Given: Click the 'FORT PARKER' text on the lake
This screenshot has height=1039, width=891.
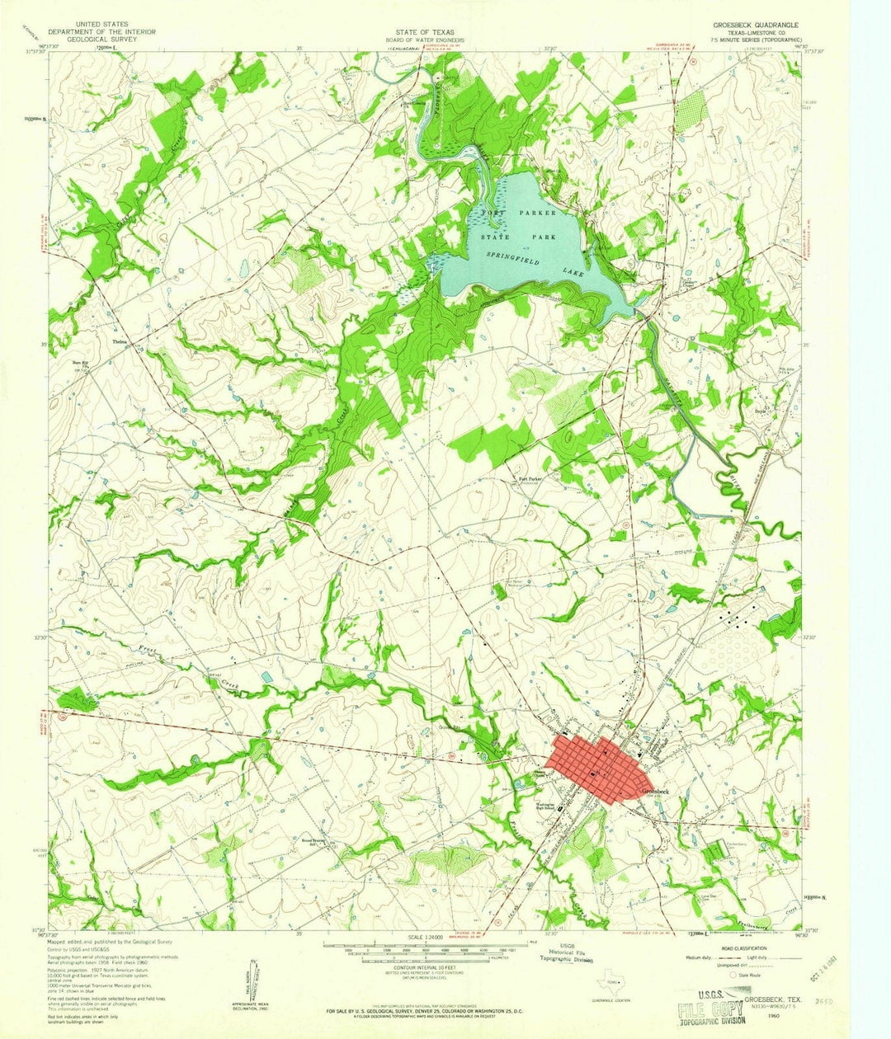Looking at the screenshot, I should pyautogui.click(x=519, y=212).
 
